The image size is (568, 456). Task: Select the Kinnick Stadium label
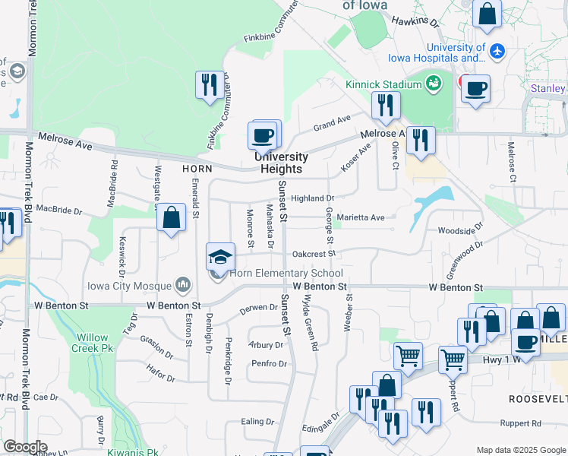383,84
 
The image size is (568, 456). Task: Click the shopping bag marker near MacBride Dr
172,218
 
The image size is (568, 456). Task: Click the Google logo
24,447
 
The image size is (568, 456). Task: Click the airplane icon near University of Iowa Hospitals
497,52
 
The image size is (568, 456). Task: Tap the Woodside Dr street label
460,230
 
